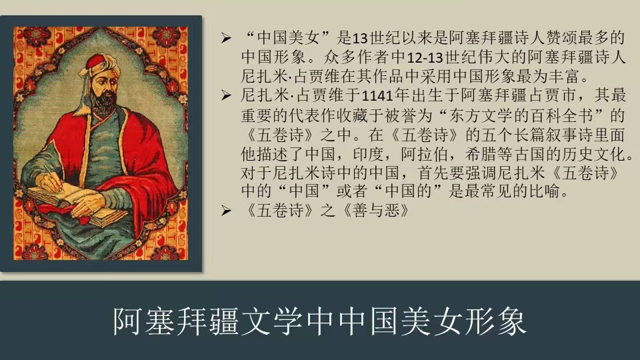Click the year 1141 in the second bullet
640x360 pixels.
[x=377, y=95]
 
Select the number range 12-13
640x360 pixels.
[x=425, y=57]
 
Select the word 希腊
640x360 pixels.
[x=481, y=154]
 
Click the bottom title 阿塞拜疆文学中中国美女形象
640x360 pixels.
[x=319, y=321]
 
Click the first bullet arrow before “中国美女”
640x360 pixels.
[x=227, y=39]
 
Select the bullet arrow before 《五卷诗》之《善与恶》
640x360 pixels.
[x=227, y=211]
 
